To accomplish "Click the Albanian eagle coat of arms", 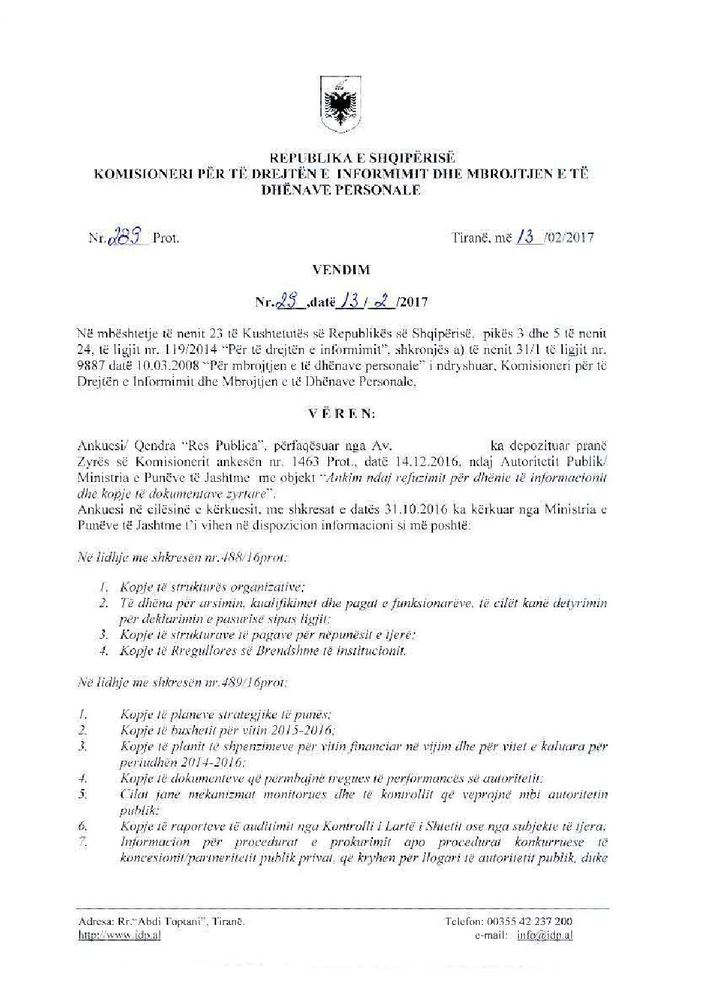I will coord(340,105).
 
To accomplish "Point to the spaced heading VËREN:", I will coord(342,414).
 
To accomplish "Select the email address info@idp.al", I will coord(544,936).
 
